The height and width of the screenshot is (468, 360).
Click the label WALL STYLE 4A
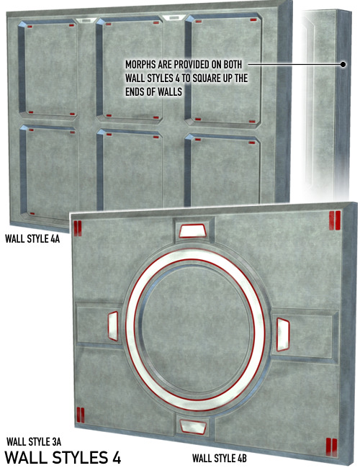tap(32, 239)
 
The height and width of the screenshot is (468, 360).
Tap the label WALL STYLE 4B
tap(220, 458)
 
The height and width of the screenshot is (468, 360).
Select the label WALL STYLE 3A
tap(34, 441)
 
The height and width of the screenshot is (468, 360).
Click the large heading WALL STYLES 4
tap(63, 457)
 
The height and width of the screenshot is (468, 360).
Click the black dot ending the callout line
tap(343, 64)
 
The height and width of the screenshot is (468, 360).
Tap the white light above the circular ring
tap(193, 231)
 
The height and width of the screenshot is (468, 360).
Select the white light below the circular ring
tap(193, 426)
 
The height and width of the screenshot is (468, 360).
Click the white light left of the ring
tap(113, 326)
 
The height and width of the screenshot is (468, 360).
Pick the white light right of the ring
tap(283, 334)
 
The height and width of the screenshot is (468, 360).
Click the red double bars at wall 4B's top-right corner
tap(335, 220)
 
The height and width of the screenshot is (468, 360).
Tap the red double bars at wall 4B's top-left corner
tap(77, 228)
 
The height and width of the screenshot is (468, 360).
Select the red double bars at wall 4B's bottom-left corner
tap(81, 415)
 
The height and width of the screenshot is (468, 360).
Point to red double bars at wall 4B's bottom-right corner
tap(331, 447)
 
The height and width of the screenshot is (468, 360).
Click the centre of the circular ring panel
tap(196, 329)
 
